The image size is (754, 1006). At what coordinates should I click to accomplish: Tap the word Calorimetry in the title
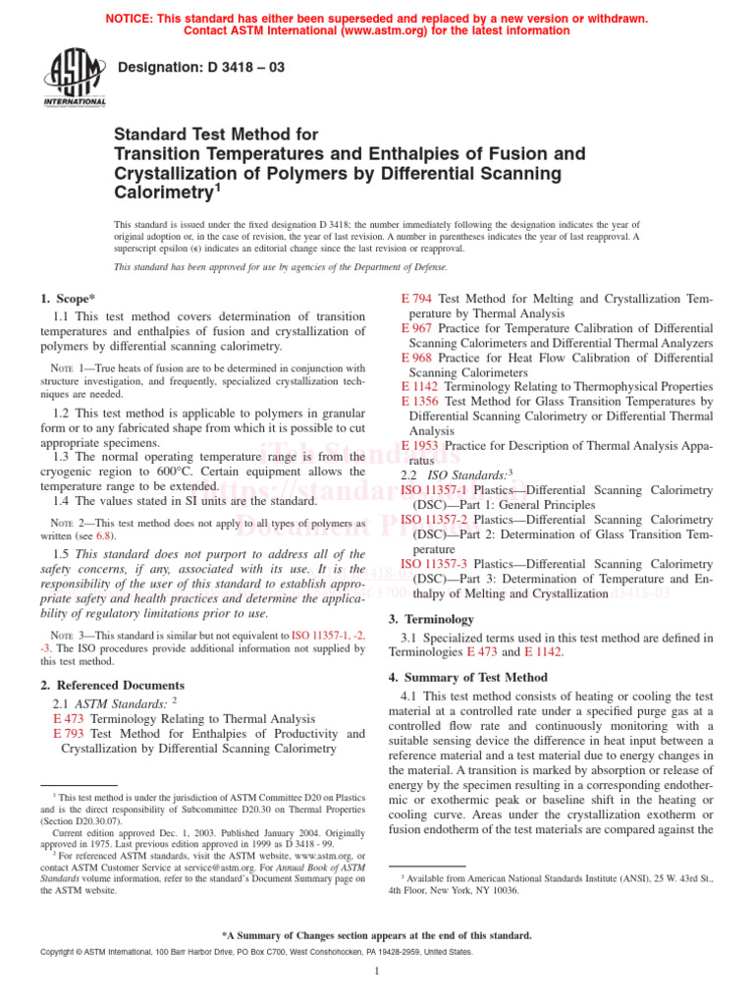click(159, 194)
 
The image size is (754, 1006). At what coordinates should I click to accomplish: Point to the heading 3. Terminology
click(432, 619)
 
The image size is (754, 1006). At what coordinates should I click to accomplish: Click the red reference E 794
click(417, 298)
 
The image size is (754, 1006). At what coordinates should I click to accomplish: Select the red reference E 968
click(417, 357)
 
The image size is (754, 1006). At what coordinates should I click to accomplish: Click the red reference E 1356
click(421, 401)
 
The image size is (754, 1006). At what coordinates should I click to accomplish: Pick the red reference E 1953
click(421, 445)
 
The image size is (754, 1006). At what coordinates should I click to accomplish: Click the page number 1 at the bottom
click(377, 972)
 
